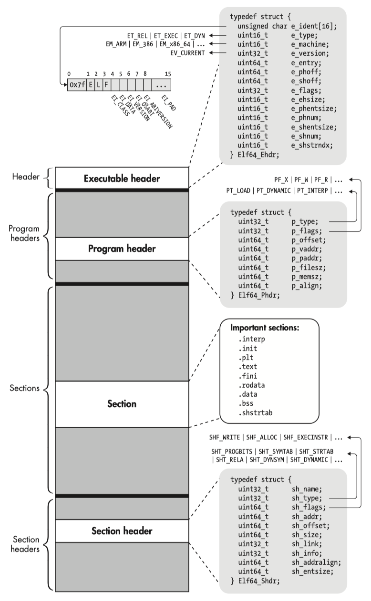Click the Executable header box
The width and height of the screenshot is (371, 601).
tap(122, 179)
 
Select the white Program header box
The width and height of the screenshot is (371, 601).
tap(122, 249)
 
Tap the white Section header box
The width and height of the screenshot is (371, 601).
tap(122, 531)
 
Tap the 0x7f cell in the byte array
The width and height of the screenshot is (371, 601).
tap(77, 85)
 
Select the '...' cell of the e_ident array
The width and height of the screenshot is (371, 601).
tap(161, 85)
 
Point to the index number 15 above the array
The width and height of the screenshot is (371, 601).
tap(167, 74)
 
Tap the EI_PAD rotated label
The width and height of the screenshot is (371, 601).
tap(168, 103)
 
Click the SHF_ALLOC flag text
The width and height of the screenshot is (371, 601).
tap(261, 437)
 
